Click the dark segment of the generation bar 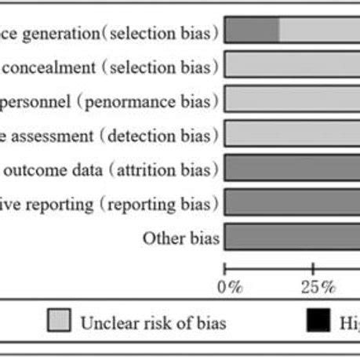pyautogui.click(x=252, y=31)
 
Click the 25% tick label pyautogui.click(x=313, y=286)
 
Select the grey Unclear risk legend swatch pyautogui.click(x=60, y=322)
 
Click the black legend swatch pyautogui.click(x=318, y=322)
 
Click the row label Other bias pyautogui.click(x=180, y=238)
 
